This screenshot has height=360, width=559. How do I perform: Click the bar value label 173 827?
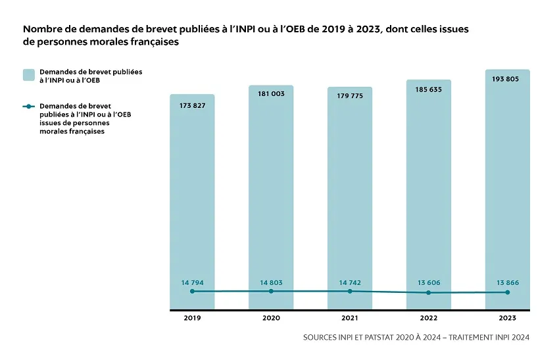coord(192,105)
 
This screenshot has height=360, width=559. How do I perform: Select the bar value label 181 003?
coord(271,94)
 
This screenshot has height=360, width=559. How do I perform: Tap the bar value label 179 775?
coord(350,96)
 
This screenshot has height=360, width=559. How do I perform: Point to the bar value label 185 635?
coord(429,89)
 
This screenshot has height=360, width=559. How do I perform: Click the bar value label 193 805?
coord(508,79)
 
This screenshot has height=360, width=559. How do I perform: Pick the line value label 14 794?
coord(192,282)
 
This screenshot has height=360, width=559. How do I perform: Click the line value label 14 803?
coord(271,282)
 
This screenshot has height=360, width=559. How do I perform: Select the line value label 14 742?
coord(350,282)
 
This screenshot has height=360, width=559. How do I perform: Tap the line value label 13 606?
coord(429,282)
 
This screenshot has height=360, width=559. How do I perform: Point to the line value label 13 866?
coord(508,282)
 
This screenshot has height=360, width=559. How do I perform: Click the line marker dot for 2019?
coord(192,291)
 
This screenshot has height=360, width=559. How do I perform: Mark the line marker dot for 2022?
coord(429,293)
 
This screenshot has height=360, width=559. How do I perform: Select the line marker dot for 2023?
coord(508,292)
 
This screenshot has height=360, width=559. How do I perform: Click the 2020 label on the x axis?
coord(271,318)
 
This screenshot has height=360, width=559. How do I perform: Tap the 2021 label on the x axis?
coord(350,318)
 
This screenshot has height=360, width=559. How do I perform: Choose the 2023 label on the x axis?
coord(508,318)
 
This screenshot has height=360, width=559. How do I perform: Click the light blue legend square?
coord(28,74)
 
